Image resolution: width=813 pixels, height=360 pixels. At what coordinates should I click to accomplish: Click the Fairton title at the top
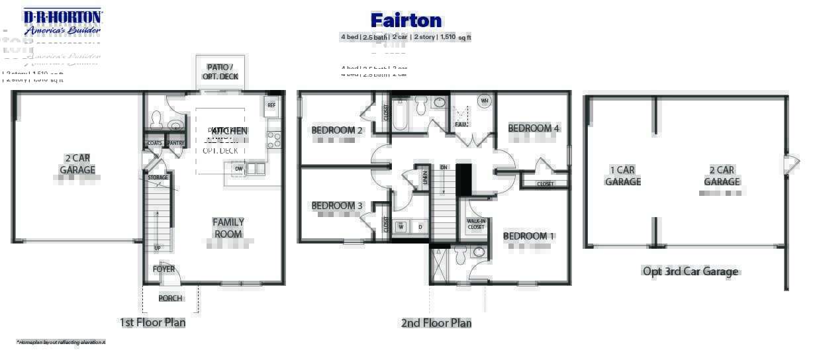pos(406,21)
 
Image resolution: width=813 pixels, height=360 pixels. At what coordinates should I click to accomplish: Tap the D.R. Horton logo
pos(62,22)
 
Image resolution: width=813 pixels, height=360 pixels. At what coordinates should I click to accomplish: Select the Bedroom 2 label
pos(337,130)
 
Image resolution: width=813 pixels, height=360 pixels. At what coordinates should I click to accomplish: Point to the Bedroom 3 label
pos(337,206)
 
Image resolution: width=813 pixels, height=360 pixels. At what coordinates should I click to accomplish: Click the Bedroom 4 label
pos(534,128)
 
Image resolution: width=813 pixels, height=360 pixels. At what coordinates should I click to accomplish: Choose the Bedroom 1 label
pos(529,236)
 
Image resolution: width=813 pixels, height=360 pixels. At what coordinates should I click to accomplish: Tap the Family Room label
pos(228,228)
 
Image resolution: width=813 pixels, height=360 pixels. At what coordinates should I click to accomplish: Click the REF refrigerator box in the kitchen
pos(271,105)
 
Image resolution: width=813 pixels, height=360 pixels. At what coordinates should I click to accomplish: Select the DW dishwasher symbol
pos(238,169)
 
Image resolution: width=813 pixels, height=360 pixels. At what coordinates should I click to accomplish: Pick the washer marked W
pos(401,227)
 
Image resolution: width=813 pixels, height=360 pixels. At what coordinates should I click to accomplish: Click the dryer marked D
pos(420,227)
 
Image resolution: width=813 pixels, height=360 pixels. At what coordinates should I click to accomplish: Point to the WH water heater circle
pos(484,101)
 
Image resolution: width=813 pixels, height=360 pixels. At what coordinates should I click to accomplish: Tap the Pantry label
pos(175,143)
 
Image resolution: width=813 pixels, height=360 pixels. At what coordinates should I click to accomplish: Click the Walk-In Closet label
pos(476,224)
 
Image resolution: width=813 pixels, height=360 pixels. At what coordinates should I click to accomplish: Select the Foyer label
pos(164,269)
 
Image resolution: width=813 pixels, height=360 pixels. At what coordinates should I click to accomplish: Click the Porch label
pos(170,298)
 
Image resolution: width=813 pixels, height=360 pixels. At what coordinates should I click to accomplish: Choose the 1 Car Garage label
pos(622,175)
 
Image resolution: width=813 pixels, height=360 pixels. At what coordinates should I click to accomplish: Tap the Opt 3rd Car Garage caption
pos(691,271)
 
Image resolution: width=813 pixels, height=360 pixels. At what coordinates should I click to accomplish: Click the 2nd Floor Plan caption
pos(436,323)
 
